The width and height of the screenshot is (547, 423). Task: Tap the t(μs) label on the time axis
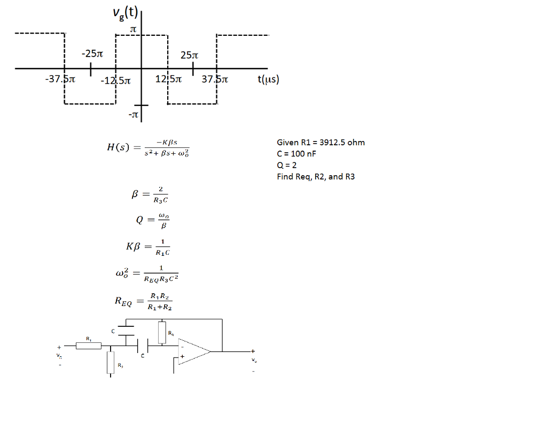click(268, 80)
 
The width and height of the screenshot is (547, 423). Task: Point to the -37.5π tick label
click(60, 80)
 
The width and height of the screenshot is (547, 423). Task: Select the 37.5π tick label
click(215, 80)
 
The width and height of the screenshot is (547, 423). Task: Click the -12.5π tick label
click(115, 81)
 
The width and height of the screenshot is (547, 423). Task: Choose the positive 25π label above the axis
click(189, 55)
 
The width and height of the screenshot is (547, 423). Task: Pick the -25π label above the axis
click(92, 53)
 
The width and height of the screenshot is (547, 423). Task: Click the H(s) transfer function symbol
click(117, 147)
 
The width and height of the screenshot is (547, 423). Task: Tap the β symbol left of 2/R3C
click(135, 195)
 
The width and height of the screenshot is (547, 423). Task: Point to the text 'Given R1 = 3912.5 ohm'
click(321, 142)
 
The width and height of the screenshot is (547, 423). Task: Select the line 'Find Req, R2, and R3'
click(315, 177)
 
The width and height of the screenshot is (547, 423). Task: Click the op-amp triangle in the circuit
click(193, 351)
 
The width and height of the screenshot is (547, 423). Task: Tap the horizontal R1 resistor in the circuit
click(88, 346)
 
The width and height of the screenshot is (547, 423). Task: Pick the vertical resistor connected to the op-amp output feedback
click(162, 332)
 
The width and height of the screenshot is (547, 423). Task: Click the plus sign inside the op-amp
click(183, 356)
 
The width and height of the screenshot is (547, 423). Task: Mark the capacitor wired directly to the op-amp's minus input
click(140, 346)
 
